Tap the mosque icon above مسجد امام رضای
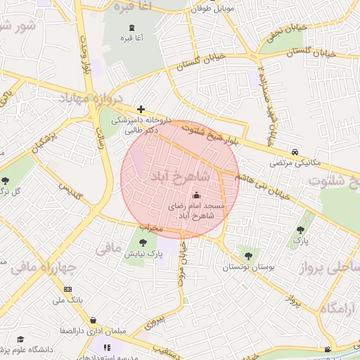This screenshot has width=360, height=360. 196,195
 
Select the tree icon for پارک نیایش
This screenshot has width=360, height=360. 133,243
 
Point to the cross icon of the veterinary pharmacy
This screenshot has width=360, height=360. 141,109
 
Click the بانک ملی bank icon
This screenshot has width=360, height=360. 67,289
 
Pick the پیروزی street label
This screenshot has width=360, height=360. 153,321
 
